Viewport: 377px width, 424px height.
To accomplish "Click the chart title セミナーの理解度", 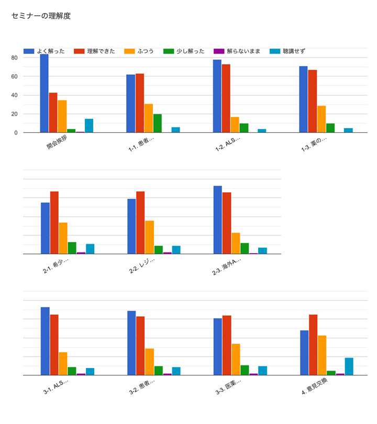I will pos(41,16).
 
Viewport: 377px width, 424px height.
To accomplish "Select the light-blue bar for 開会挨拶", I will pos(89,126).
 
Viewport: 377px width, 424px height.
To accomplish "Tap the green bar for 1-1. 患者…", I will pos(158,123).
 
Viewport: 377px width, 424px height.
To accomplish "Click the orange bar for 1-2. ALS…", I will pos(235,125).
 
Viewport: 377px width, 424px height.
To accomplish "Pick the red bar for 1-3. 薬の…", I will pos(313,101).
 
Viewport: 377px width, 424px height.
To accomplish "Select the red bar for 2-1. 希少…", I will pos(54,223).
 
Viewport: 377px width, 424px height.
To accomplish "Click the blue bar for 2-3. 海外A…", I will pos(218,220).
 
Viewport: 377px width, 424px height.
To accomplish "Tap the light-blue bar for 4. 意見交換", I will pos(349,366).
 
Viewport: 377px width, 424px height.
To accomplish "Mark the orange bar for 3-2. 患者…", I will pos(150,362).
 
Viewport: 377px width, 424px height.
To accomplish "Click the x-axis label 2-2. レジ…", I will pos(142,266).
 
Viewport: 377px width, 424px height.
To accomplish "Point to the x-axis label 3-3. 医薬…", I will pos(229,386).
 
